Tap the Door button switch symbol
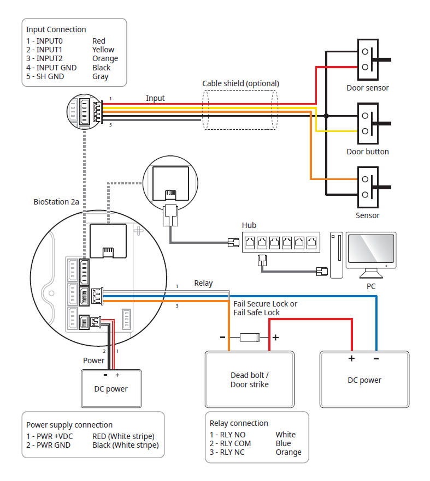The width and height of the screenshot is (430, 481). click(368, 123)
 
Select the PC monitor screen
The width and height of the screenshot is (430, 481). click(372, 249)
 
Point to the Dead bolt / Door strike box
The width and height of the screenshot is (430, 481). click(249, 380)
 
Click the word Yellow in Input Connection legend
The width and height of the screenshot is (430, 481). click(103, 50)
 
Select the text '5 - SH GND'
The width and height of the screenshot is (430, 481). click(45, 76)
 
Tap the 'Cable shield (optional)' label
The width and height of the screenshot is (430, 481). click(240, 83)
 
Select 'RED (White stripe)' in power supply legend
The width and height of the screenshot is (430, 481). click(123, 436)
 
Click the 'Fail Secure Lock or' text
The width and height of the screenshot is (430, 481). click(266, 304)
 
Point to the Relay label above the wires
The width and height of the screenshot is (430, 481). click(204, 283)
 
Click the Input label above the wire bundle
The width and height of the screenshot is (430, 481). click(155, 98)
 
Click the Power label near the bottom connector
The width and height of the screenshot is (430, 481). click(93, 360)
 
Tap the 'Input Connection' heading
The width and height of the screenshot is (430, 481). click(56, 29)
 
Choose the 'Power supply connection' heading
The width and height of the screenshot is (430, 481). click(69, 425)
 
